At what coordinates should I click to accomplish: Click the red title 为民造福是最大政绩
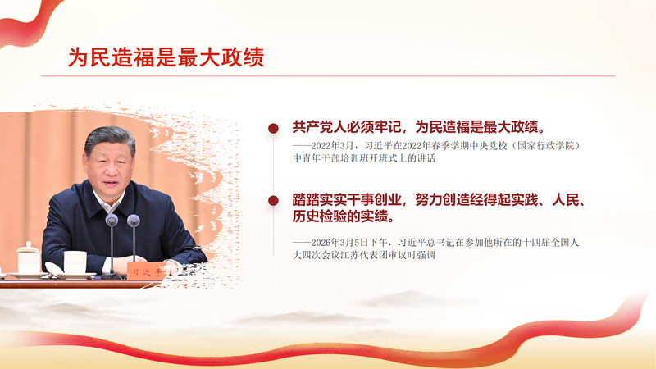click(166, 57)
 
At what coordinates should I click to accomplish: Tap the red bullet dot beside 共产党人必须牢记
click(273, 129)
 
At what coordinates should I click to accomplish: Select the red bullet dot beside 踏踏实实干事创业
click(273, 201)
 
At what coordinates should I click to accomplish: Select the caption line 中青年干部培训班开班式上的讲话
click(364, 158)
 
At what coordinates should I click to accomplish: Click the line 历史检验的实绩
click(343, 216)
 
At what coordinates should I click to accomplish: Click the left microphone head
click(112, 220)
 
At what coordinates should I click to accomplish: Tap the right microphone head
click(134, 220)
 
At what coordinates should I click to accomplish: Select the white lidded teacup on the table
click(29, 257)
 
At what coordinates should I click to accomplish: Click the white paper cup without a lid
click(75, 262)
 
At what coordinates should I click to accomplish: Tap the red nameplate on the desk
click(147, 271)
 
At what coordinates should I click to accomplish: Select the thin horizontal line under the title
click(328, 76)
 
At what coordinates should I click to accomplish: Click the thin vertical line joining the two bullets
click(274, 165)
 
